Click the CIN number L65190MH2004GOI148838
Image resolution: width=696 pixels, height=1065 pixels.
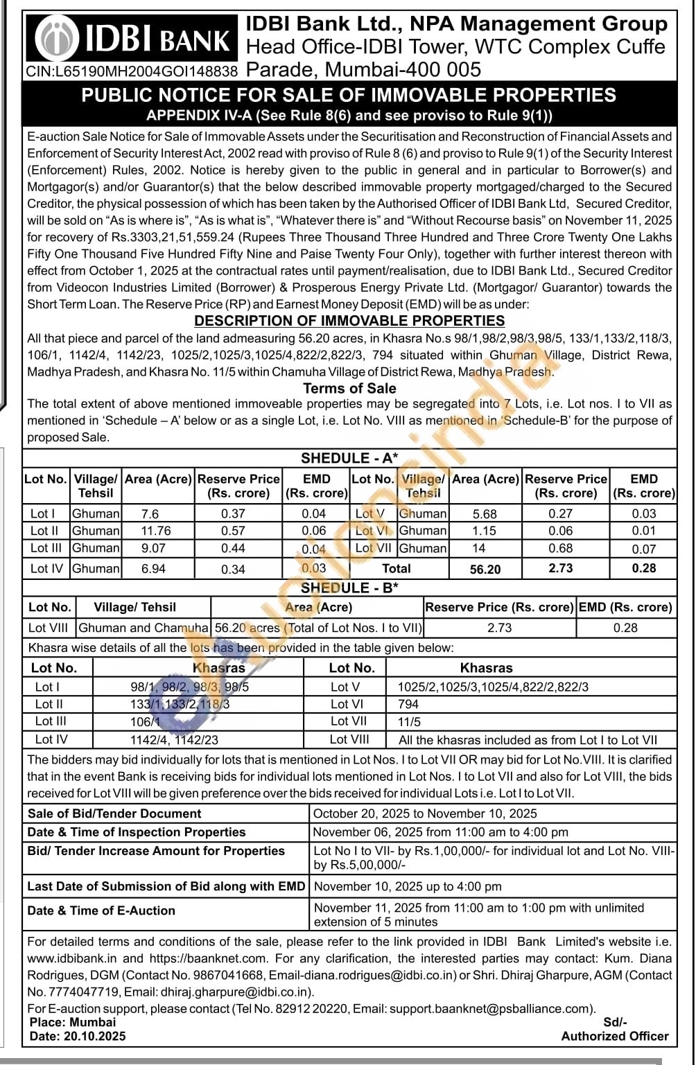point(132,71)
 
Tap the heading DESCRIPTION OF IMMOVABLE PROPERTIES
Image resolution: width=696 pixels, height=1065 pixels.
point(349,321)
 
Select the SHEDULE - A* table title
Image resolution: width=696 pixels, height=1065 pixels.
point(349,458)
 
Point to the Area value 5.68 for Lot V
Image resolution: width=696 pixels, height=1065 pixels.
point(485,514)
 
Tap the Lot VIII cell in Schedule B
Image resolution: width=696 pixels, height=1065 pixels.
point(49,628)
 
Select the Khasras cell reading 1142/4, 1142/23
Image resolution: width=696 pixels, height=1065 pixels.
point(174,739)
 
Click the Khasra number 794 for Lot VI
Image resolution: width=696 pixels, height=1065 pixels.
point(408,704)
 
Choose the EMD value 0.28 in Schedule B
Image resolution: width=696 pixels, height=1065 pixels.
point(625,628)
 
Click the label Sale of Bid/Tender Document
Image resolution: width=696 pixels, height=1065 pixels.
point(114,813)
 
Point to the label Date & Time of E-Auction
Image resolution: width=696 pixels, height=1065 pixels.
point(101,910)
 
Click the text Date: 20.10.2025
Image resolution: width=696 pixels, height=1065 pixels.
point(78,1036)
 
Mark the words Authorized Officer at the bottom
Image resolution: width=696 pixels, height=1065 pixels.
point(615,1036)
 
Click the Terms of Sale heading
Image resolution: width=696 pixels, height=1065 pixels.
point(349,388)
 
